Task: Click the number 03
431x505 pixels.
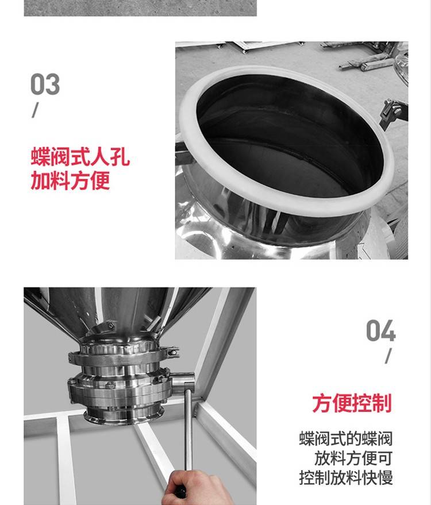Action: pos(45,84)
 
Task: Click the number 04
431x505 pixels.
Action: pos(381,330)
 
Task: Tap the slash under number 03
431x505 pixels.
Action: pos(35,110)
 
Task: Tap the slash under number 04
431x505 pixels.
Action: pos(388,356)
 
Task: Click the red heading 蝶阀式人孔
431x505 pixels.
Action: pos(80,157)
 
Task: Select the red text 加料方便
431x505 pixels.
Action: pos(70,180)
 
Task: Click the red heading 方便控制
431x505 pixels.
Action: pos(352,403)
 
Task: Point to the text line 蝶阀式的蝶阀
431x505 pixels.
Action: pos(346,439)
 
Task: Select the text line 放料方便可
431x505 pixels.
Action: pos(353,458)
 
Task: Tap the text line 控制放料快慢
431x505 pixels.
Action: pos(346,477)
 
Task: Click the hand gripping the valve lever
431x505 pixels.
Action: pos(197,487)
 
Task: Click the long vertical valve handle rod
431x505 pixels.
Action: pos(188,429)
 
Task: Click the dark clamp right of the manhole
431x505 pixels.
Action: pos(393,113)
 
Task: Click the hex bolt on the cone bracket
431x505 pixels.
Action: pos(111,326)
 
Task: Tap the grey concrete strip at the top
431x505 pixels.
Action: pos(140,8)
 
